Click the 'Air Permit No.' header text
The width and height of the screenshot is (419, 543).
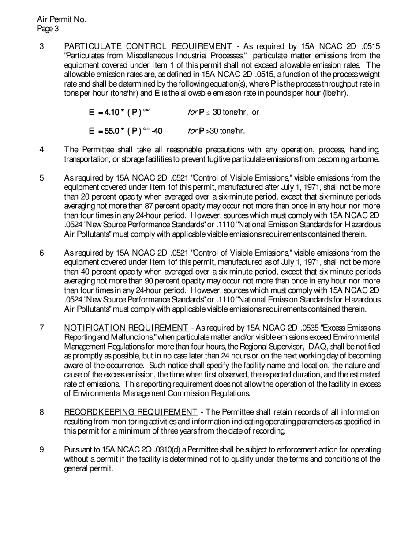click(x=62, y=19)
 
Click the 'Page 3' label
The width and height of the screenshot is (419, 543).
click(x=48, y=29)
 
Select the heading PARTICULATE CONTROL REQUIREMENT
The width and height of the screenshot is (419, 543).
click(x=148, y=46)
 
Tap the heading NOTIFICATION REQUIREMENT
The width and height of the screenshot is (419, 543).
click(x=126, y=328)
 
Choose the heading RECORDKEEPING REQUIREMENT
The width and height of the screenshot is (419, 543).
click(x=131, y=412)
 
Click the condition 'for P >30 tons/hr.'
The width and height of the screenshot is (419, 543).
click(x=216, y=131)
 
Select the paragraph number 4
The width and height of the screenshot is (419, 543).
click(x=41, y=149)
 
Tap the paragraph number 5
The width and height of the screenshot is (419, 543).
click(x=41, y=178)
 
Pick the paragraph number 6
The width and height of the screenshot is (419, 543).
click(x=41, y=253)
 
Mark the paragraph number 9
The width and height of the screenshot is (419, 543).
click(x=41, y=450)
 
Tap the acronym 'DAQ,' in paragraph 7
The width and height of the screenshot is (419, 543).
click(x=319, y=347)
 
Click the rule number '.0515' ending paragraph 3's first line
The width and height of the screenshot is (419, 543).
click(x=370, y=46)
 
